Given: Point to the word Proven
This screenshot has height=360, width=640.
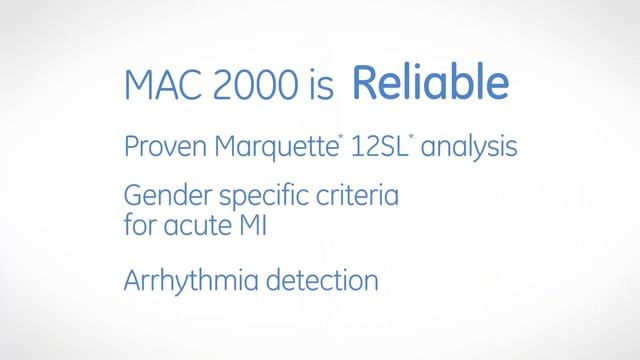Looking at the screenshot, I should point(160,148).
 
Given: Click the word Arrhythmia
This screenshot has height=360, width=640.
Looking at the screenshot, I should point(187,281).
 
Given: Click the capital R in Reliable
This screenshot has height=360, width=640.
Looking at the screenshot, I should point(364,85).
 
